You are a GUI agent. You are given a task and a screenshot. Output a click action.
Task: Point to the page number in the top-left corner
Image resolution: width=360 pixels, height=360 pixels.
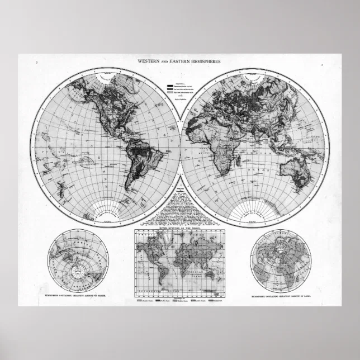point(36,66)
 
